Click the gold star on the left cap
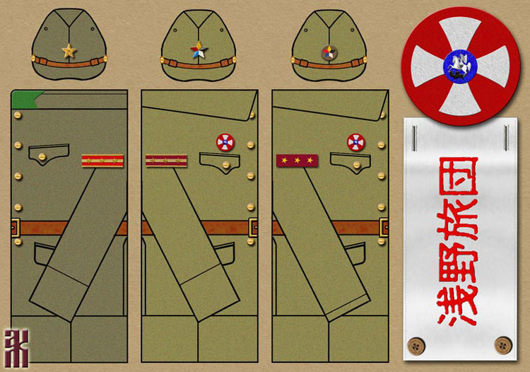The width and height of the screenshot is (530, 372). (69, 51)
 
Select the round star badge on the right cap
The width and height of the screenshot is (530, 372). (327, 52)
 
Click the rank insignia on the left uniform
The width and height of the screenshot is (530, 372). (102, 161)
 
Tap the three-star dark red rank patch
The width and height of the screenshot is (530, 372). (297, 161)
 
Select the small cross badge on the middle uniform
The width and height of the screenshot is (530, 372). (225, 142)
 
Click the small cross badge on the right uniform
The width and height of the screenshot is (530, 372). (355, 142)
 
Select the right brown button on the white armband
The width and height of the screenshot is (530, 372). (503, 345)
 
